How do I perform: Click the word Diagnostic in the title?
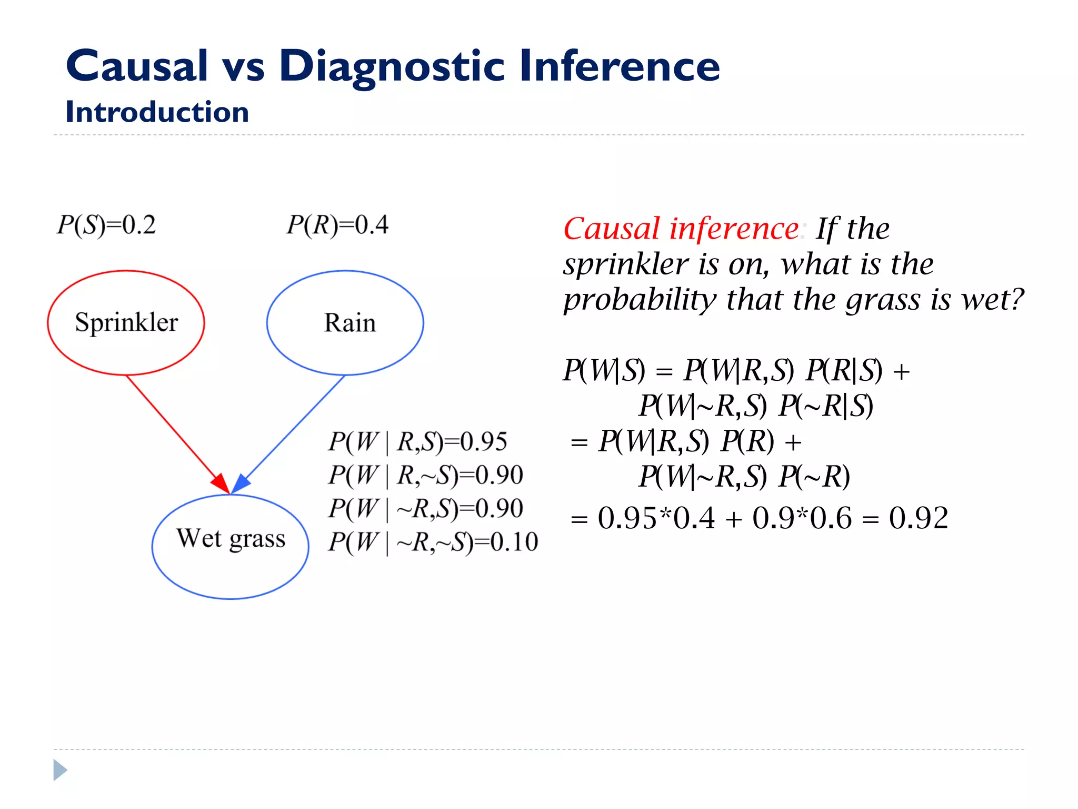click(x=392, y=66)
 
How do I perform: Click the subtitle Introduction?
click(x=157, y=112)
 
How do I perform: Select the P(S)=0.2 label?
click(x=106, y=225)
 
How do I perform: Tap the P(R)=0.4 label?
click(x=337, y=225)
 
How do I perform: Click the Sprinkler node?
click(x=126, y=322)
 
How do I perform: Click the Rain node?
click(x=345, y=322)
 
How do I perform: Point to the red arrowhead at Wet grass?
click(x=221, y=483)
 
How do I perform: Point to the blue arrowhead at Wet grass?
click(x=241, y=483)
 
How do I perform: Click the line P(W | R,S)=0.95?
click(x=417, y=441)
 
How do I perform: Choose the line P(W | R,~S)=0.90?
click(x=425, y=475)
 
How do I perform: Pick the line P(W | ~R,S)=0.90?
click(x=425, y=508)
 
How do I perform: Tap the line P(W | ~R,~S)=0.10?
click(x=433, y=542)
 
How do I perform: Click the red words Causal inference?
click(x=681, y=229)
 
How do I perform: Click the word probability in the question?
click(x=640, y=300)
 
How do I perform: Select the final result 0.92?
click(x=919, y=518)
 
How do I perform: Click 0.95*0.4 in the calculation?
click(x=656, y=518)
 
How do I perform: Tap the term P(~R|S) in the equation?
click(x=826, y=406)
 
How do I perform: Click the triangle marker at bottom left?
click(x=60, y=770)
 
